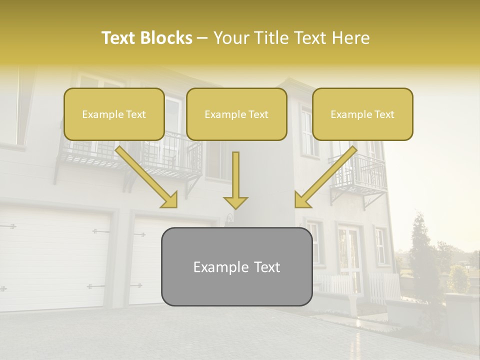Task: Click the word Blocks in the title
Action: [167, 38]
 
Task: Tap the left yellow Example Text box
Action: [114, 114]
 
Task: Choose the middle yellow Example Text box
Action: [236, 114]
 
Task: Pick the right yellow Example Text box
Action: [362, 114]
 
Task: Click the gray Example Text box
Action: [236, 266]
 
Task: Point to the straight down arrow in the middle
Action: [235, 180]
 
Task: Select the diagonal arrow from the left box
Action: [145, 175]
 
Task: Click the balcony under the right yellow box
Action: [358, 175]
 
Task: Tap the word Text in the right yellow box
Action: [384, 114]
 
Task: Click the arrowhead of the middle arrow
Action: [235, 201]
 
